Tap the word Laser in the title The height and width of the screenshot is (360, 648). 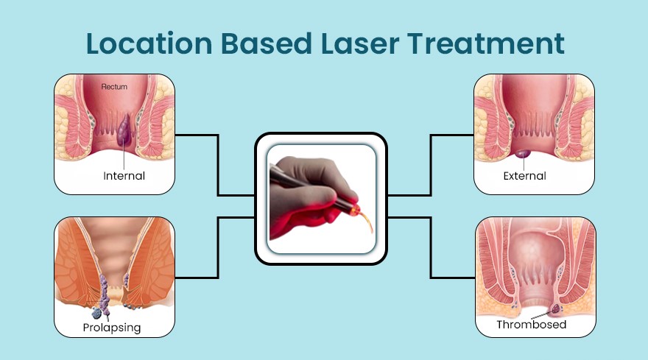[364, 43]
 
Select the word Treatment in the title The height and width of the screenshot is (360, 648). [489, 43]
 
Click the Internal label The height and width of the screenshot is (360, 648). [124, 176]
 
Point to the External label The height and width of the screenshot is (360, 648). [524, 176]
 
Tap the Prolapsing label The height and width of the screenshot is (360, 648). [113, 326]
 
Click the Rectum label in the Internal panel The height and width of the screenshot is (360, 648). [114, 87]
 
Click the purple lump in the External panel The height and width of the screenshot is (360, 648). [524, 152]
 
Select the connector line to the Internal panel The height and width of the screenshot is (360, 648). [218, 166]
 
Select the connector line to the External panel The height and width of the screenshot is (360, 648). [431, 166]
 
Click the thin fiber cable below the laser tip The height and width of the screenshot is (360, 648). [367, 233]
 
